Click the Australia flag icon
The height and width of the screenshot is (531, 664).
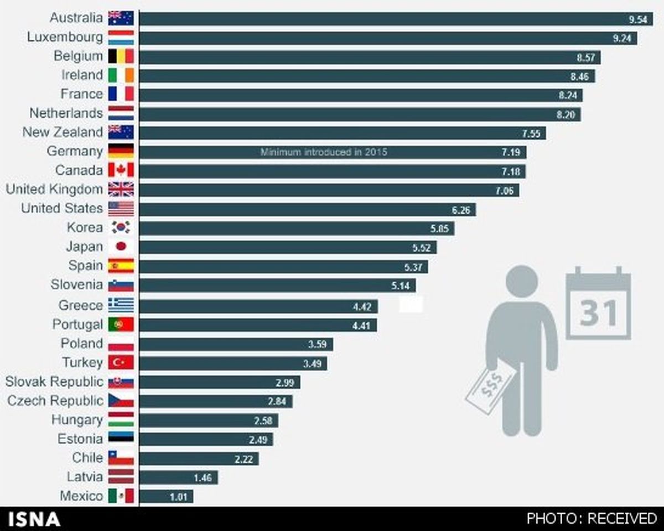pyautogui.click(x=121, y=18)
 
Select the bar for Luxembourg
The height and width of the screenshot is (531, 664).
pyautogui.click(x=387, y=38)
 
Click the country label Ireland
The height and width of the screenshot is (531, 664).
pyautogui.click(x=82, y=75)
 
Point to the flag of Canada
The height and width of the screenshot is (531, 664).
pyautogui.click(x=121, y=170)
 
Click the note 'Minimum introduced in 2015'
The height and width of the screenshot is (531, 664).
pyautogui.click(x=324, y=152)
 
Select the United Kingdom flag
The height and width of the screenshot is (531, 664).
pyautogui.click(x=121, y=189)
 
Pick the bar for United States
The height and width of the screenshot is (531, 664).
pyautogui.click(x=307, y=209)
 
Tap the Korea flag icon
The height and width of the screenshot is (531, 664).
pyautogui.click(x=121, y=227)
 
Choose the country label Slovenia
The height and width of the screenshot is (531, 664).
pyautogui.click(x=76, y=285)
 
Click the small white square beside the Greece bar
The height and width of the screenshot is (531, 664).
pyautogui.click(x=411, y=304)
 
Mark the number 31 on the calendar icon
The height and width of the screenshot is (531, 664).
pyautogui.click(x=598, y=314)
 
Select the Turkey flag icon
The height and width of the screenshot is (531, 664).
pyautogui.click(x=121, y=362)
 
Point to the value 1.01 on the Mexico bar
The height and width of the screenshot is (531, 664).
pyautogui.click(x=179, y=497)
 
